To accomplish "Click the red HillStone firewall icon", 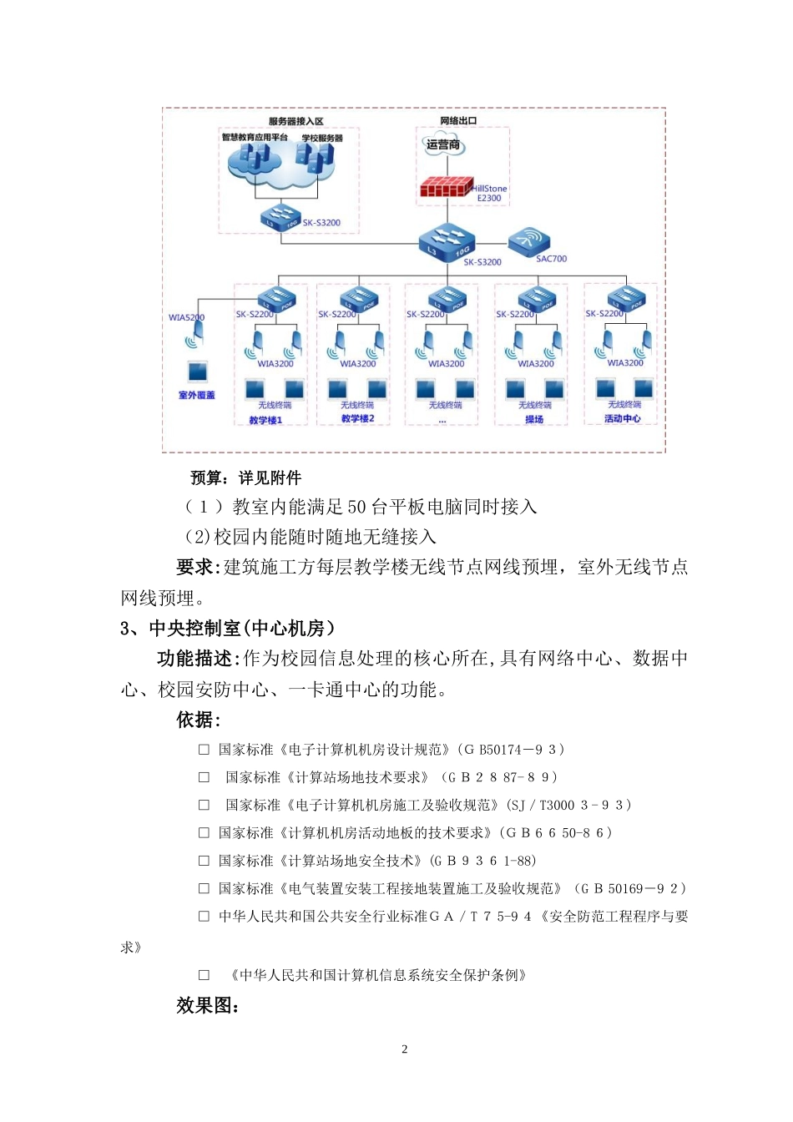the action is (x=446, y=189).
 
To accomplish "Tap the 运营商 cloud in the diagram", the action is (x=442, y=145).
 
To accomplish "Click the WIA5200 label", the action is (x=186, y=317).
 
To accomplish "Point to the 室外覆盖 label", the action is (x=197, y=395).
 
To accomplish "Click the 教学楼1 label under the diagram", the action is (x=265, y=420).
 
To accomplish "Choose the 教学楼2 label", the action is (x=358, y=418).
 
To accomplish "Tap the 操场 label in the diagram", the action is (x=534, y=419).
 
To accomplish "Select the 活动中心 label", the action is (x=623, y=418).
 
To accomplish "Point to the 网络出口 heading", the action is (x=458, y=121).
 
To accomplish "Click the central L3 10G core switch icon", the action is (x=447, y=240).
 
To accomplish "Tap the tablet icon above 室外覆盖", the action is (x=197, y=371).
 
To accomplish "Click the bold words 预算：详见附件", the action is (x=245, y=478).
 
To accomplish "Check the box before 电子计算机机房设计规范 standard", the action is (x=204, y=750).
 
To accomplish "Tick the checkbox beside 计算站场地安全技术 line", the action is (x=204, y=861).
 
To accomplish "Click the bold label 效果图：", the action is (x=208, y=1006).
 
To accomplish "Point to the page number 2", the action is (x=405, y=1049).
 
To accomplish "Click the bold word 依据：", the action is (x=198, y=720).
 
